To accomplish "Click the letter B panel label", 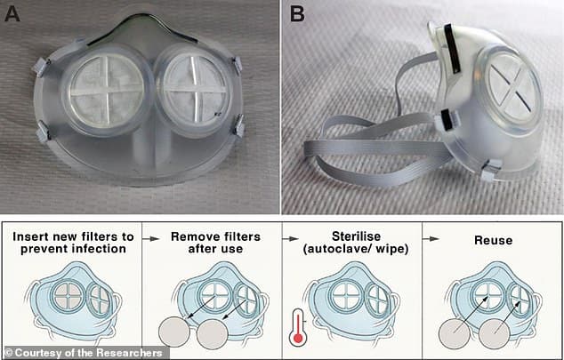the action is point(297,14).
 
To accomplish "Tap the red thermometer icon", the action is point(297,327).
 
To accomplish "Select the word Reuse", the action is point(493,240).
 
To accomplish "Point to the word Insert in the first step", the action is point(30,236).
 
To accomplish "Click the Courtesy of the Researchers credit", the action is point(84,353).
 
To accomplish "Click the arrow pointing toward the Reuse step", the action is point(431,238).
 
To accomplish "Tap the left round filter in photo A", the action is point(106,90).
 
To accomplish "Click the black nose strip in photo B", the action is point(450,48).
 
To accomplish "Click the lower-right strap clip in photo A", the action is point(238,125).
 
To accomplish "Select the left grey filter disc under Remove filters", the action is point(174,333).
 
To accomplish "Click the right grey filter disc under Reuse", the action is point(495,333).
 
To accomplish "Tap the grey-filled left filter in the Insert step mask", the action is point(68,296).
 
